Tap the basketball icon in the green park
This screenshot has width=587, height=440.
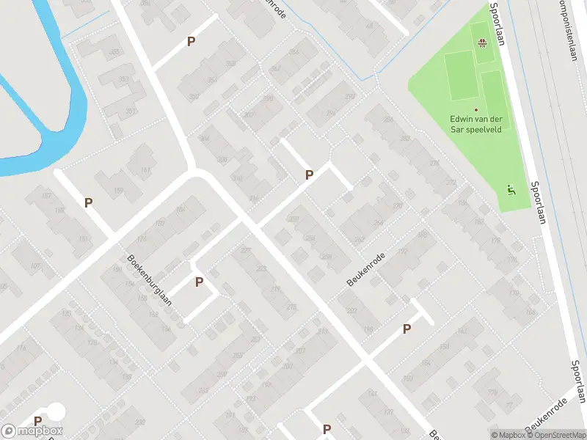click(x=482, y=43)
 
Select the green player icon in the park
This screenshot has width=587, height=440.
click(x=511, y=190)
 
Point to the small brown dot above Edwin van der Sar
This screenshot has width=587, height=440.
click(x=475, y=110)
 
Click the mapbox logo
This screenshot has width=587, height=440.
click(x=32, y=431)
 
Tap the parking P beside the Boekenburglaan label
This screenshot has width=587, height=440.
click(x=199, y=282)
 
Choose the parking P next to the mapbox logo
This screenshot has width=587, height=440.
click(x=37, y=422)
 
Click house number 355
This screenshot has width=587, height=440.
click(x=131, y=111)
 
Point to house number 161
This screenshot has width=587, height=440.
click(x=145, y=171)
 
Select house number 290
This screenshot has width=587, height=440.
click(x=350, y=97)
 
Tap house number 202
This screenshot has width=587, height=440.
click(x=352, y=310)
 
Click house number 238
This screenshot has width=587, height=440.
click(x=325, y=255)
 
